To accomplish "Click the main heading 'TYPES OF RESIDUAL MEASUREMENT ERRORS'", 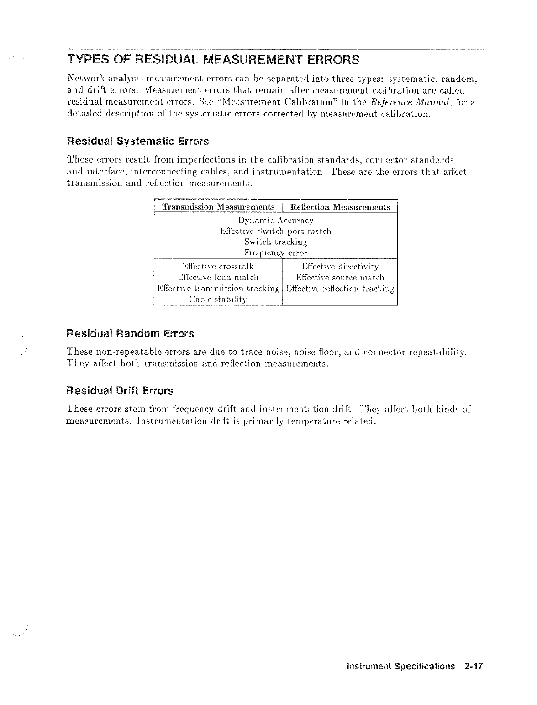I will coord(213,60).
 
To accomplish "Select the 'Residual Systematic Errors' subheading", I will coord(138,141).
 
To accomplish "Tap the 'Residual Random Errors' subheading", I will coord(131,334).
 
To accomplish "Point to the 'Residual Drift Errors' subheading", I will coord(120,391).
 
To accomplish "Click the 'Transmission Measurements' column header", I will coord(219,207).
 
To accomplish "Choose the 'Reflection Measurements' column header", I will coord(340,207).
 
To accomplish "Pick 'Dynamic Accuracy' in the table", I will coord(276,221).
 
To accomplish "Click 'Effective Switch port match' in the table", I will coord(275,231).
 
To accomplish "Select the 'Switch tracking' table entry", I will coord(275,242).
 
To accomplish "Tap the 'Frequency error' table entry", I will coord(275,253).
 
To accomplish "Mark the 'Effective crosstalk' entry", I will coord(218,267).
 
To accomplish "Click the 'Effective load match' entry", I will coord(218,278).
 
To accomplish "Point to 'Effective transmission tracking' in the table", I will coord(218,289).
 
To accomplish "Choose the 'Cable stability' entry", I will coord(218,300).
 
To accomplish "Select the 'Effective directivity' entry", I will coord(340,267).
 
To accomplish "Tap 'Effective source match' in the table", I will coord(340,278).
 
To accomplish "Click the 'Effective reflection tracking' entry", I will coord(340,289).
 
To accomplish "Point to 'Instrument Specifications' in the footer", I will coord(401,666).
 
